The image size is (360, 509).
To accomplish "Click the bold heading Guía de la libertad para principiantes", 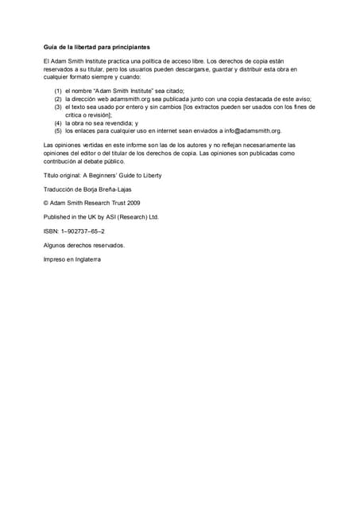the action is pos(96,47).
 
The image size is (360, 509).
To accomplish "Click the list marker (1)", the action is pos(58,91).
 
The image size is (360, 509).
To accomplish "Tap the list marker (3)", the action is pos(58,107).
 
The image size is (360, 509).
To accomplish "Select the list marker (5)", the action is pos(58,130).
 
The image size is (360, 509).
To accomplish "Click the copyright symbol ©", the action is pos(46,202).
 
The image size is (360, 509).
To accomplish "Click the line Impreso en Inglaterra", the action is pos(72,259).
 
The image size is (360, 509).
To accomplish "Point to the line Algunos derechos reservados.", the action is pos(83,245).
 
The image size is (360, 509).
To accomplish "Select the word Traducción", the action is pos(60,188).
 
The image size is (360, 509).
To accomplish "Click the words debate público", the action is pos(103,160).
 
